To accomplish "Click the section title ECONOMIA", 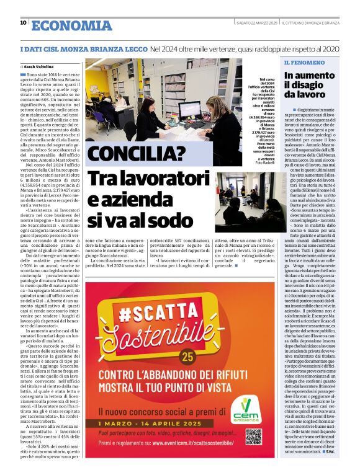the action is click(x=71, y=25).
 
